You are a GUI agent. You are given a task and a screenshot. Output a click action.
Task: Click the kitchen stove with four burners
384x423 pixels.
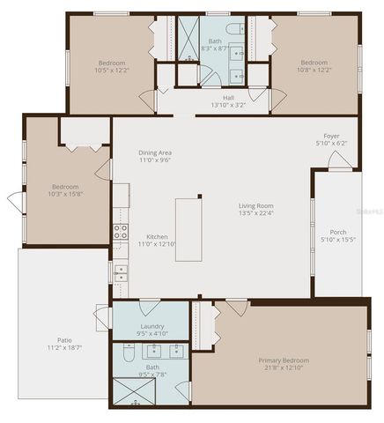click(120, 234)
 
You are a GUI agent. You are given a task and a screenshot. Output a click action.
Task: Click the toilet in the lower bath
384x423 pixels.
click(128, 357)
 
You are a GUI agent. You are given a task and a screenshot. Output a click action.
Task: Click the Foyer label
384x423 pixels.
click(331, 137)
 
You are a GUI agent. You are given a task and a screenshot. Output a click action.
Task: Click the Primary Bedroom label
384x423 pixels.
click(284, 360)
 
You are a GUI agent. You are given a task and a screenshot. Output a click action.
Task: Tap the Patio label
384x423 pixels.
click(65, 340)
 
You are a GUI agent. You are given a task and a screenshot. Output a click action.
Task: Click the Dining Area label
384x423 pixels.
click(154, 153)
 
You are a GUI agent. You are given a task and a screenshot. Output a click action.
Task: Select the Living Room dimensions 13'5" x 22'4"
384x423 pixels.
click(256, 213)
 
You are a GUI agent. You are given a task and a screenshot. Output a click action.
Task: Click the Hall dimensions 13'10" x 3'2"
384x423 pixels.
click(228, 106)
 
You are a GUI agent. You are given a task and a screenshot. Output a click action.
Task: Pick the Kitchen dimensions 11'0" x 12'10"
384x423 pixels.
click(157, 244)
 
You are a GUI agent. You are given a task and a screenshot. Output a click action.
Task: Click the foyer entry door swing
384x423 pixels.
click(340, 160)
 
